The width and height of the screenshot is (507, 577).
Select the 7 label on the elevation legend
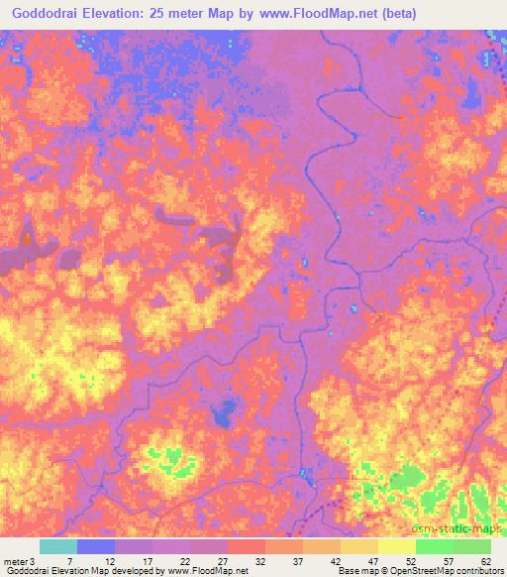coord(68,560)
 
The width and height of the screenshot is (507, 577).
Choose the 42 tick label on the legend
coord(336,560)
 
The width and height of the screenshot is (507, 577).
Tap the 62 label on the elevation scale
coord(485,560)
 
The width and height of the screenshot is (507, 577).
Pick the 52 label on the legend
coord(410,560)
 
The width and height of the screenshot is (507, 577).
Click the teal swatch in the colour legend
coord(58,546)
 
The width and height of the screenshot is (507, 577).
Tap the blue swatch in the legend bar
coord(96,546)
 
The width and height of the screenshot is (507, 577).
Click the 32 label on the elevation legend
coord(260,560)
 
